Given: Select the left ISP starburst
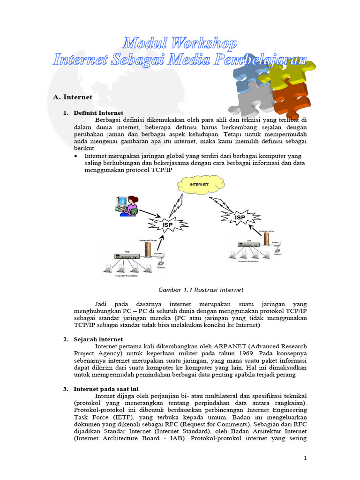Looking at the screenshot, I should [167, 225].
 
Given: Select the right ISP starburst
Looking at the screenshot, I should [240, 217].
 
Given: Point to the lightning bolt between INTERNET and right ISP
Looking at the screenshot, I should [220, 203].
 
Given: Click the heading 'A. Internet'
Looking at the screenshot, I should [73, 97].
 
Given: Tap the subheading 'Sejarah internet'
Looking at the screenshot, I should [98, 339].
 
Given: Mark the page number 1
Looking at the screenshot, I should [305, 458].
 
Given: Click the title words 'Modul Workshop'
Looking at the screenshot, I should [180, 44].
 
